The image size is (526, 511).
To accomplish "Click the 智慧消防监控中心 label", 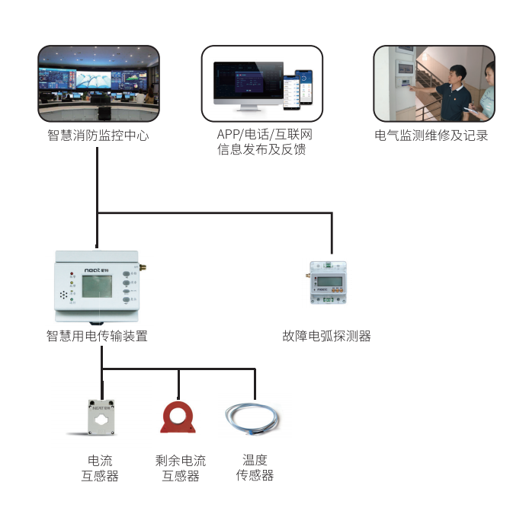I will (x=98, y=136).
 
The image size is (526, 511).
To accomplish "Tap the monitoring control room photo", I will (x=98, y=83).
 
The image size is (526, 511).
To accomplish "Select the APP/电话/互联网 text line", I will (x=261, y=136).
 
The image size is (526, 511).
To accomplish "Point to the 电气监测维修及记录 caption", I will (x=431, y=136).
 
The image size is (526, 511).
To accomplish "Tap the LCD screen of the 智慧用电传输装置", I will (x=100, y=288).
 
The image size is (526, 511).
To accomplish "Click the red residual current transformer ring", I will (x=178, y=417).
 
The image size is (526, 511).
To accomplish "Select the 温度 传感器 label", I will (x=255, y=468).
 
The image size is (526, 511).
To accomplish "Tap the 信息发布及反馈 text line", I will (x=261, y=150).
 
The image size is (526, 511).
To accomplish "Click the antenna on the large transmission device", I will (x=143, y=261).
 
